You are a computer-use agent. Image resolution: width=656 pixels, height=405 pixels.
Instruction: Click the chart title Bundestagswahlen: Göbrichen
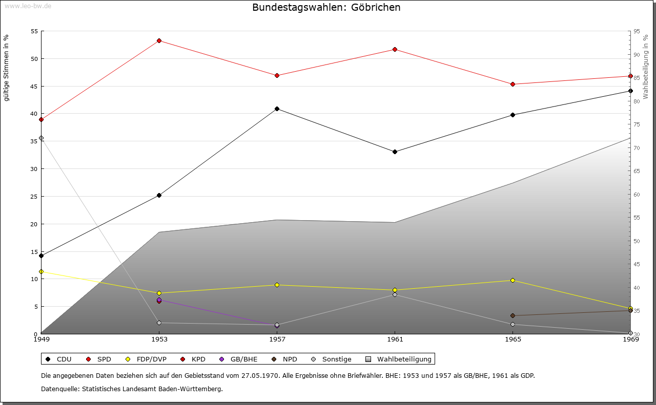[326, 7]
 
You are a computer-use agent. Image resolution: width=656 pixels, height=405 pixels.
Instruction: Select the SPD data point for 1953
[159, 40]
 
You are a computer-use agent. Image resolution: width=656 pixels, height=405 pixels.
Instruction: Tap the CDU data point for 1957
[277, 109]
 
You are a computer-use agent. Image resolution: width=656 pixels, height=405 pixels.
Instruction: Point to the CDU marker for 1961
[395, 152]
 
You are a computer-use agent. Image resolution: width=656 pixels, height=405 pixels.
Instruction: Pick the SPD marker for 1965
[513, 84]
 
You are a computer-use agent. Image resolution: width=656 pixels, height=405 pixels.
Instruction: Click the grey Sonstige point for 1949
[42, 138]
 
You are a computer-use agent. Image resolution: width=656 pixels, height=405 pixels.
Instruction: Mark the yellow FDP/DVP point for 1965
[513, 280]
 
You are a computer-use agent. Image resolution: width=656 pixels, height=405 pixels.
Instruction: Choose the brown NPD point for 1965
[513, 315]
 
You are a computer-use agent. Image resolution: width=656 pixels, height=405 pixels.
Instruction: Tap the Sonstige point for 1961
[395, 294]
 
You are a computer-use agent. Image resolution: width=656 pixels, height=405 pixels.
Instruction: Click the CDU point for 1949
[42, 255]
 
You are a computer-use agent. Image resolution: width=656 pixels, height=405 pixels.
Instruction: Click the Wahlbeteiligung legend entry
[399, 359]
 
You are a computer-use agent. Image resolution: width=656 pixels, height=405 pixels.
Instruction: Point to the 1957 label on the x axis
[277, 339]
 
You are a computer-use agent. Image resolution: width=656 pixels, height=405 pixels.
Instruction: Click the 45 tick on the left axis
[34, 86]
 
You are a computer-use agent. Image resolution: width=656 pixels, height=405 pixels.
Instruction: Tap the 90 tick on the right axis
[636, 54]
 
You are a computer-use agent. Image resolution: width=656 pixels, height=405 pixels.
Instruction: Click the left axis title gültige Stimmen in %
[7, 68]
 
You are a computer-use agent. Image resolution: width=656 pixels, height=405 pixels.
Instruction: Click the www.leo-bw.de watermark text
[28, 6]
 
